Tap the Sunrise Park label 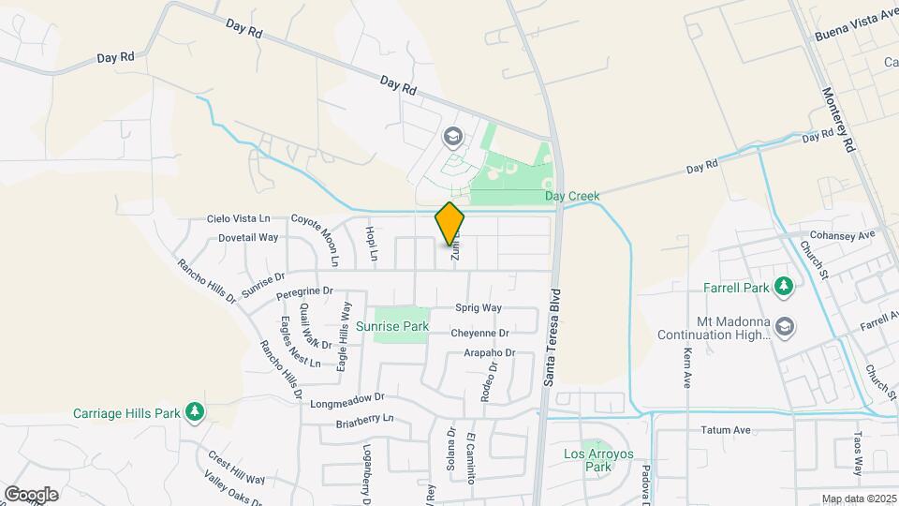(392, 327)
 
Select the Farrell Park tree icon (786, 286)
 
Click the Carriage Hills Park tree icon (195, 412)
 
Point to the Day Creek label (572, 197)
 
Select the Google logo (31, 494)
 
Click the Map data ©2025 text (858, 499)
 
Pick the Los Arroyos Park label (598, 460)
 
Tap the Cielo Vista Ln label (238, 218)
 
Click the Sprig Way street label (479, 307)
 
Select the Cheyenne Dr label (479, 333)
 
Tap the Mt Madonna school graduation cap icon (785, 325)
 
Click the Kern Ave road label (687, 368)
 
